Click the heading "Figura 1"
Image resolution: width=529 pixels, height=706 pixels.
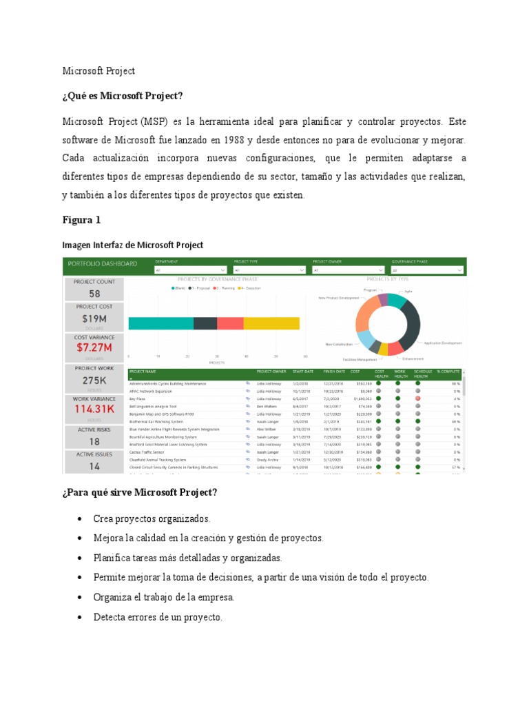(81, 221)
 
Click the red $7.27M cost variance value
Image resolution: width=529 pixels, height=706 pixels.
(94, 347)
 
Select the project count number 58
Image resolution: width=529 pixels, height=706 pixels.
(94, 294)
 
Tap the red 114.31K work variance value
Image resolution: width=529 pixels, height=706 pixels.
(94, 409)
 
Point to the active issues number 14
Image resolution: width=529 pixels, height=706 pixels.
(94, 466)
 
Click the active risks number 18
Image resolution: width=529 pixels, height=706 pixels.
(94, 442)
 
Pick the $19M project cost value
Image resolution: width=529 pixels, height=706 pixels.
(94, 319)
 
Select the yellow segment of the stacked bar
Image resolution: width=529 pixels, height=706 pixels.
(271, 323)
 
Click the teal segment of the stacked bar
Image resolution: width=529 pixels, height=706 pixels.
(160, 323)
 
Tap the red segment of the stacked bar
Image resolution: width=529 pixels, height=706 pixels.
(230, 323)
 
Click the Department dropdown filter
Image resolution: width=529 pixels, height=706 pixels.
(191, 270)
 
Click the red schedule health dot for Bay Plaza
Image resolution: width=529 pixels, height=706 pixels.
(417, 399)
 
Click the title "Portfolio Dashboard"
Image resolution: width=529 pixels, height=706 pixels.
(102, 263)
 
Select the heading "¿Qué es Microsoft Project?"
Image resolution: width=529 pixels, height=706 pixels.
(123, 95)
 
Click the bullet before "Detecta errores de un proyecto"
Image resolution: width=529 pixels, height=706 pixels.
(81, 617)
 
